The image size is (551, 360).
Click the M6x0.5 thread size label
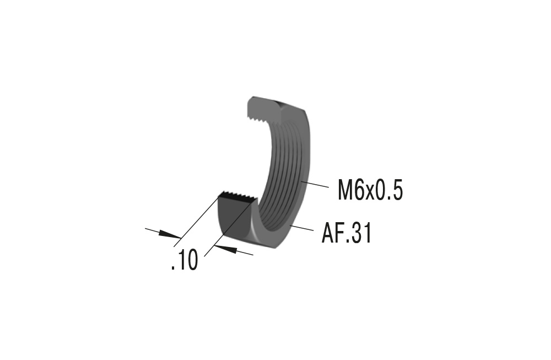tap(370, 191)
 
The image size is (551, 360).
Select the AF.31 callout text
tap(347, 234)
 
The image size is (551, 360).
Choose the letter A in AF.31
tap(328, 234)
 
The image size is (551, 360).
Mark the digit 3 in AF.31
tap(356, 234)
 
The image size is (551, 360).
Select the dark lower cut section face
tap(231, 218)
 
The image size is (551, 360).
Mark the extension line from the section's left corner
tap(196, 221)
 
